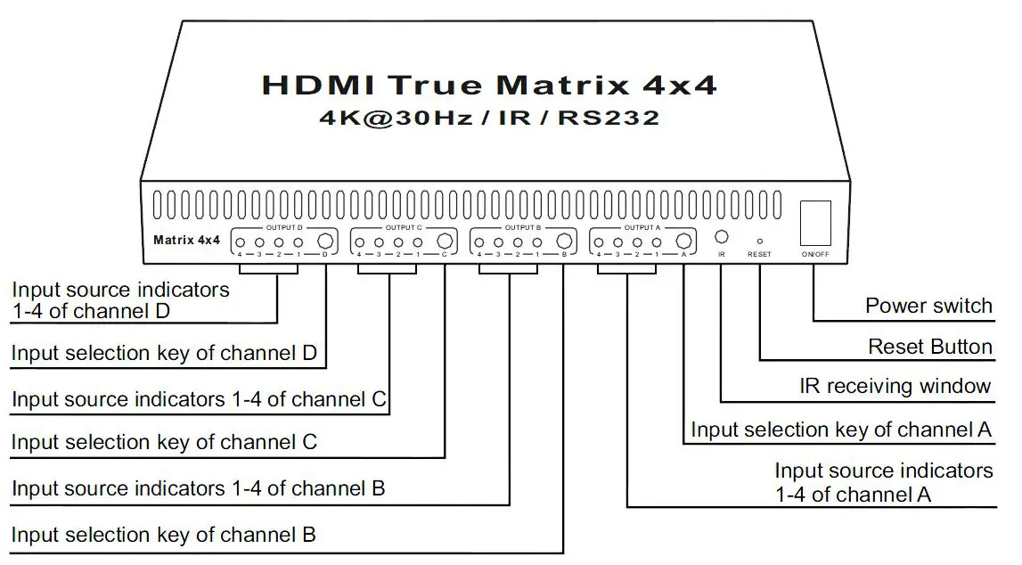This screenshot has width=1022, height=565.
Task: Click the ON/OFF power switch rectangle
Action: [816, 222]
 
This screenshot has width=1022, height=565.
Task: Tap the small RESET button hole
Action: [759, 240]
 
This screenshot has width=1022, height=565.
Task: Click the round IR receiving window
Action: [723, 238]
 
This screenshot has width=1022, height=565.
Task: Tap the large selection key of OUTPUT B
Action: [563, 241]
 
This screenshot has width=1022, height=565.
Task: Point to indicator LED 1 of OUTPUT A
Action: [657, 242]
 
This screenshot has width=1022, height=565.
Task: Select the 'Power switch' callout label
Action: [928, 306]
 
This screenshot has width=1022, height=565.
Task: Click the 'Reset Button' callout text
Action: [930, 346]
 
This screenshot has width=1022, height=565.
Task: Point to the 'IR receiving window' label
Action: [895, 386]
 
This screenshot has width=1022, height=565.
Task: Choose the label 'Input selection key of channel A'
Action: [841, 430]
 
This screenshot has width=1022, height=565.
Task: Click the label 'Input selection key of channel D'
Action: [164, 353]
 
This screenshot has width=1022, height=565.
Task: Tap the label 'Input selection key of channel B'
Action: [163, 535]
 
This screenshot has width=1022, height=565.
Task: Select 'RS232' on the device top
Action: [609, 118]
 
